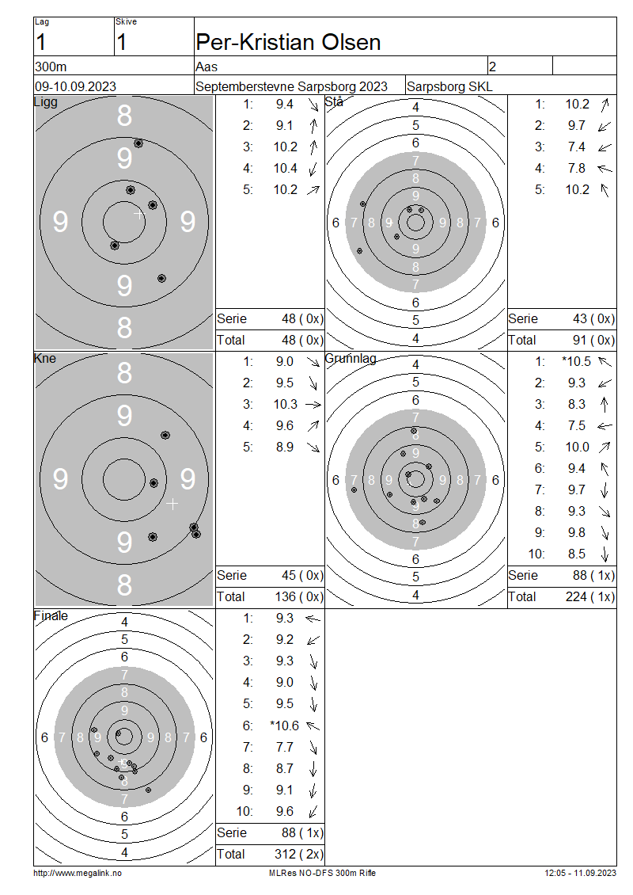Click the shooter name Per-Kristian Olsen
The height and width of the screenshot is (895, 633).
288,42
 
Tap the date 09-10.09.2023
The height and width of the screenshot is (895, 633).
75,87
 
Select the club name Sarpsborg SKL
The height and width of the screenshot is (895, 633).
449,87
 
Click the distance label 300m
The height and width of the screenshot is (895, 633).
51,67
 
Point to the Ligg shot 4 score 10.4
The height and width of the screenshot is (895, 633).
285,169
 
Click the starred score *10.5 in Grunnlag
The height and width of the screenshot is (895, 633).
576,361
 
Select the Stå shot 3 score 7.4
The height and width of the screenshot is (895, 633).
577,147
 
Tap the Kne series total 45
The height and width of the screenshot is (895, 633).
289,575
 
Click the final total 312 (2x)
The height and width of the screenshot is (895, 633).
299,854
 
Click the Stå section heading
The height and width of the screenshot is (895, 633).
334,102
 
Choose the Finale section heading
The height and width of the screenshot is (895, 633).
51,616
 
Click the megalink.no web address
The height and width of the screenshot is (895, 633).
78,873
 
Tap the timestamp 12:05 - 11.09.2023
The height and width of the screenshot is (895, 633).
581,873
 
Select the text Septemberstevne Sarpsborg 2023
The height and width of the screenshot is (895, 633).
291,87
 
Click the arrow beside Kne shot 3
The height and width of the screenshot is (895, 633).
313,405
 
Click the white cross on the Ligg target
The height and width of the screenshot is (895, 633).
139,214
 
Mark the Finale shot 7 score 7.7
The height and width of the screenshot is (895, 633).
285,747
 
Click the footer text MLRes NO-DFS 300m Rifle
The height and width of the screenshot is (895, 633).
322,873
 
